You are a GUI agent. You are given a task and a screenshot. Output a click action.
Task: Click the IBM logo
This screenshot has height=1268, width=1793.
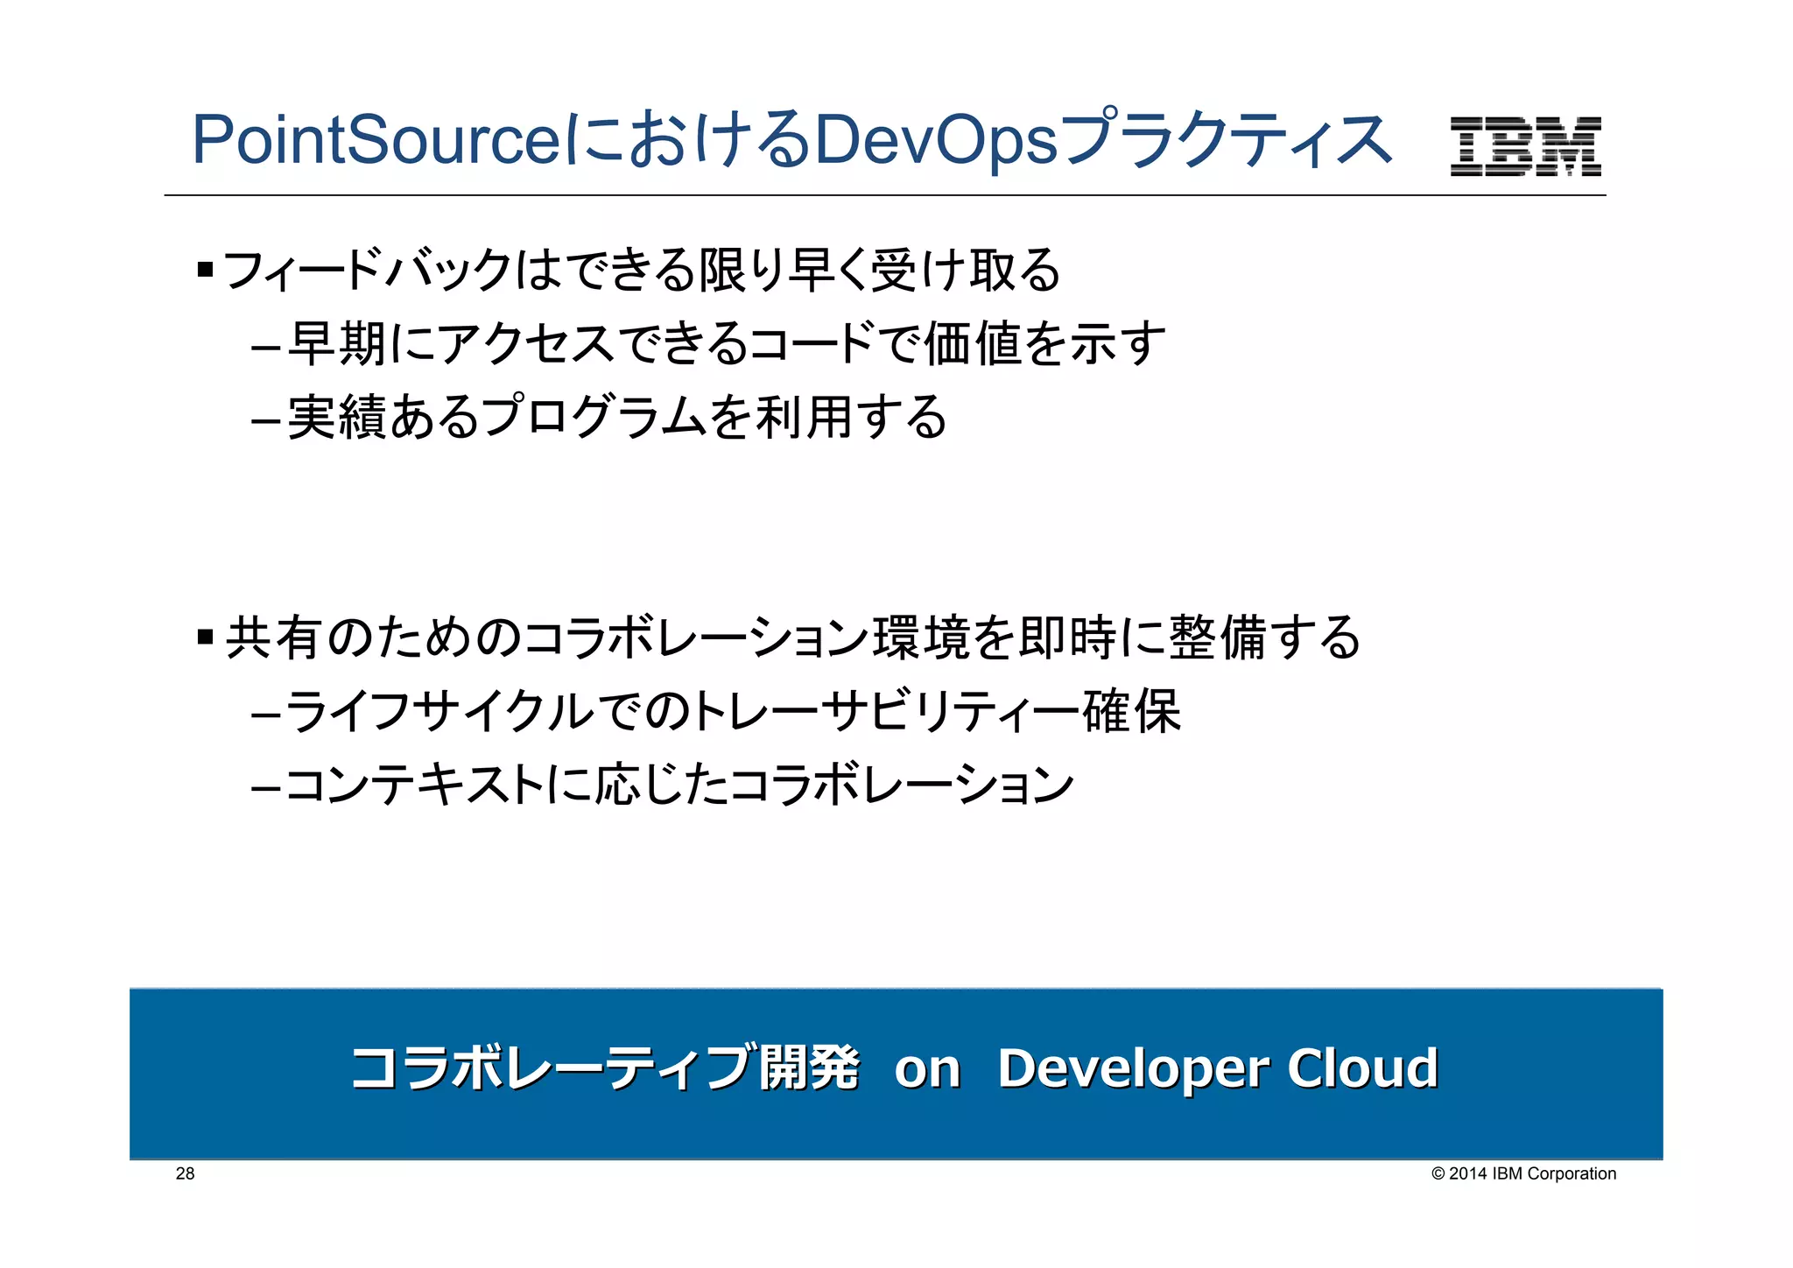[x=1525, y=146]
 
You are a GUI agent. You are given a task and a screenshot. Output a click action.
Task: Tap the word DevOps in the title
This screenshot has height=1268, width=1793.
[x=935, y=140]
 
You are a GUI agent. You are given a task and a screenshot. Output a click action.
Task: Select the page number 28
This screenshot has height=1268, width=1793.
[x=185, y=1173]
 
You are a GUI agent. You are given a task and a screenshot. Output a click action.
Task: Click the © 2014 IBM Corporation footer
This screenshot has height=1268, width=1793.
[x=1523, y=1173]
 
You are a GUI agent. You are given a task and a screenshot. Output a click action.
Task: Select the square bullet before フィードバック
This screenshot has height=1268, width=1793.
[x=206, y=270]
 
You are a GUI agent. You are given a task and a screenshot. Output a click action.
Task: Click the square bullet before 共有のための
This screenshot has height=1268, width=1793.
[x=206, y=637]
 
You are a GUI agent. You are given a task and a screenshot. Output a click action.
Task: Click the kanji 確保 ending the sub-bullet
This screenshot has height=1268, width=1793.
[x=1131, y=711]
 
